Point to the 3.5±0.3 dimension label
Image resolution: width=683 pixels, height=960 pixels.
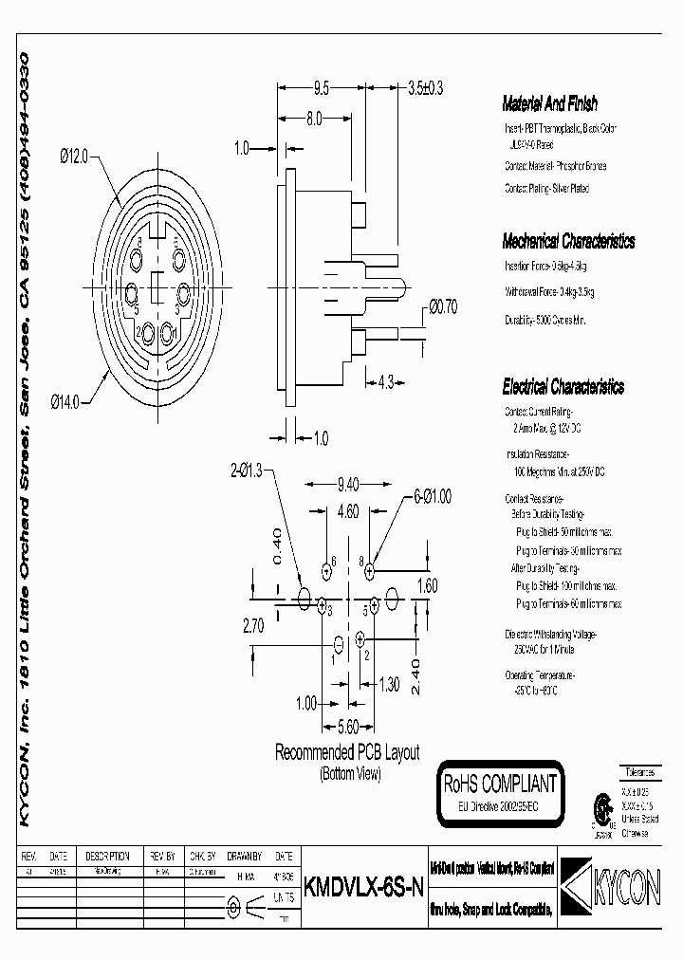click(x=425, y=89)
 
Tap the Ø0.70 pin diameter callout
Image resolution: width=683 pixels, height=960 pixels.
click(x=443, y=305)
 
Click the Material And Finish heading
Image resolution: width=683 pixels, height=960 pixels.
click(x=549, y=105)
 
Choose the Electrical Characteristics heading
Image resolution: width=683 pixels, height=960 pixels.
click(x=563, y=387)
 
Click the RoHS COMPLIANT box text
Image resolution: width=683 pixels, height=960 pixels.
click(x=499, y=785)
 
